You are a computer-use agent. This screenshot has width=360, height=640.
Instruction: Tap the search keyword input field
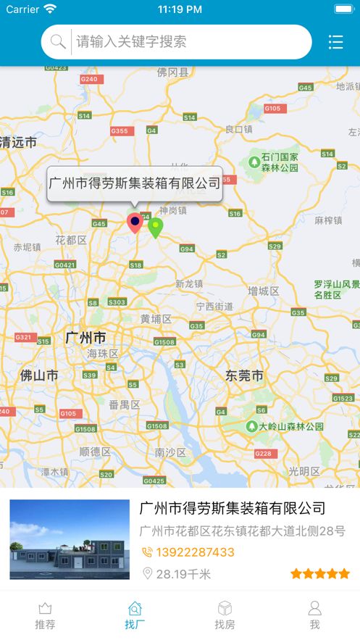click(x=188, y=42)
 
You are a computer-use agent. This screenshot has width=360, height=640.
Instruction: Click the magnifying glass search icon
click(x=58, y=42)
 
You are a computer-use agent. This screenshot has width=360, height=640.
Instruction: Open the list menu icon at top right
click(x=335, y=42)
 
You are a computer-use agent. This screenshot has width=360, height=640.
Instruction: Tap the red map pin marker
click(x=135, y=222)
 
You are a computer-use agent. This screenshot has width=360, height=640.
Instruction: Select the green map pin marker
click(x=155, y=227)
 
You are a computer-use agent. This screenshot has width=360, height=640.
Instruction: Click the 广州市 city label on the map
click(x=85, y=338)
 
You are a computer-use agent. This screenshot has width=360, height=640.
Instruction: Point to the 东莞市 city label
click(x=244, y=375)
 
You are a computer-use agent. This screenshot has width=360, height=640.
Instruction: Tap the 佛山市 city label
click(x=39, y=375)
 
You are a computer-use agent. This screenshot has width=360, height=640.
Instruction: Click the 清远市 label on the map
click(x=19, y=142)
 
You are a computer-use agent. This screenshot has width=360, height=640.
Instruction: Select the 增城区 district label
click(x=264, y=291)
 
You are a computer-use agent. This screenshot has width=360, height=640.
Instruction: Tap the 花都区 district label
click(x=71, y=240)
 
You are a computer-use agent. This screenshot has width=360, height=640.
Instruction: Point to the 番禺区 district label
click(x=124, y=404)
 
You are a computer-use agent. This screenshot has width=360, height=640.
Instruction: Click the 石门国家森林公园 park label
click(x=280, y=162)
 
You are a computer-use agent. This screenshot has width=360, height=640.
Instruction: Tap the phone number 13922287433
click(x=195, y=552)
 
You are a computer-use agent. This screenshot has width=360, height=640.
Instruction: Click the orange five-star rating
click(x=319, y=573)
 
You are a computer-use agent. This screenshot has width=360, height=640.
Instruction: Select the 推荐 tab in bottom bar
click(x=45, y=615)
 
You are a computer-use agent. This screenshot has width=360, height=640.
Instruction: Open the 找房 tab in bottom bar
click(x=225, y=615)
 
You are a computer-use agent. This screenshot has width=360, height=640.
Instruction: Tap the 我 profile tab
click(x=314, y=615)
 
